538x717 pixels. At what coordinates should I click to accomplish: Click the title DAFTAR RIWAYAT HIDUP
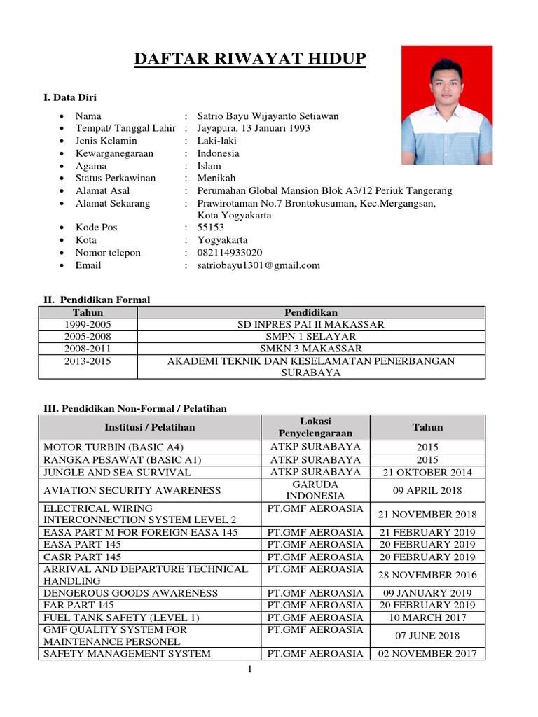250,59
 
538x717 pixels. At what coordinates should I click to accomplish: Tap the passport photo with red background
446,105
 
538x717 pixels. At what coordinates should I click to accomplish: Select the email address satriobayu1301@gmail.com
258,265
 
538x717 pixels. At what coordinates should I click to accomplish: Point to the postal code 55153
211,228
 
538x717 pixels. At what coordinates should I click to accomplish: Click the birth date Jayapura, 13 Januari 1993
254,128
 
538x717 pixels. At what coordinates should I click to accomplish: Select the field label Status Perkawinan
116,178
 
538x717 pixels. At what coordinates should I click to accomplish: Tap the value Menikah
216,178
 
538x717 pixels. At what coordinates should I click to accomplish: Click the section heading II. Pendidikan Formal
97,300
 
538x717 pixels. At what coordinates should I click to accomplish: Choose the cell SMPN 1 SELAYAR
310,337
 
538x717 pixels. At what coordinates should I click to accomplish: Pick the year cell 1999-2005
88,325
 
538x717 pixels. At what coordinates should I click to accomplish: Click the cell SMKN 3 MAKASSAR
310,349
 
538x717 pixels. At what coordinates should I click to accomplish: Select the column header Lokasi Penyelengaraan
315,427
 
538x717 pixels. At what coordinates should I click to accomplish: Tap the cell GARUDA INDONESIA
315,490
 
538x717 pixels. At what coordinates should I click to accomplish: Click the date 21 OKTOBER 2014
427,473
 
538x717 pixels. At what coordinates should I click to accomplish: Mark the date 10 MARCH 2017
427,618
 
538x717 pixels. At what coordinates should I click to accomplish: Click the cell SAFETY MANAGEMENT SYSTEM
127,654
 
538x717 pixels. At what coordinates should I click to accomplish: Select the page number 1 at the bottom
250,670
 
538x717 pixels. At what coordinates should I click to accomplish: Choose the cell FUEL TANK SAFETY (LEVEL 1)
122,618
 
